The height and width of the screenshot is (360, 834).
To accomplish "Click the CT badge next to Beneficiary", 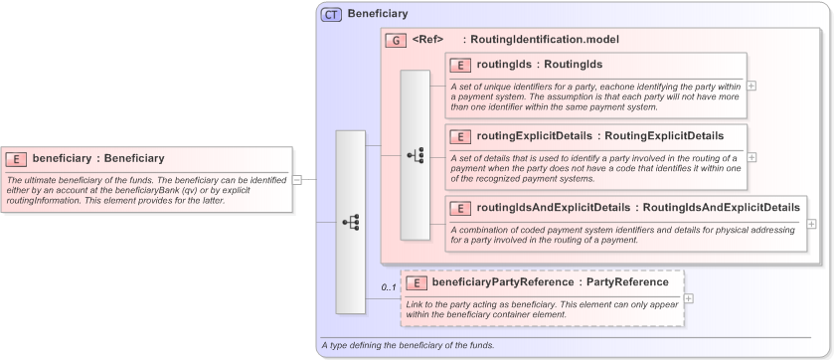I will [331, 14].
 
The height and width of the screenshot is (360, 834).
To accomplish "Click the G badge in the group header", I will [396, 40].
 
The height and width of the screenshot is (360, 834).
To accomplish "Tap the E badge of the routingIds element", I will [460, 65].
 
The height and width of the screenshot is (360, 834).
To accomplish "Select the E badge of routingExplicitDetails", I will [460, 135].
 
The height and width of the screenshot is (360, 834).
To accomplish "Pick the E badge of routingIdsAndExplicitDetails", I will [460, 208].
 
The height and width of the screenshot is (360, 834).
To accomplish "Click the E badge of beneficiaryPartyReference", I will [416, 282].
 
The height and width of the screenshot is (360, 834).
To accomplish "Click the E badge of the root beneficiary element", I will [16, 158].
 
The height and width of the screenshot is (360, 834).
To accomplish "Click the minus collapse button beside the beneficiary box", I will [296, 180].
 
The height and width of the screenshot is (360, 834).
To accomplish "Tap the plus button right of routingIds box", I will [751, 86].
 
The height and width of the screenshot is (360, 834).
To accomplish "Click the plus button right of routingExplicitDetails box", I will [751, 157].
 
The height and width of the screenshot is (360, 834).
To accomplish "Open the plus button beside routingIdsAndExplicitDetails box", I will [811, 223].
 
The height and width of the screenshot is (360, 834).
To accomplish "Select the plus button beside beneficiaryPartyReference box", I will [688, 298].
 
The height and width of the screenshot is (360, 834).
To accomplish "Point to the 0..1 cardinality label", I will [388, 288].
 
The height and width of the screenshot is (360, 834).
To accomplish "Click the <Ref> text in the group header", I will [427, 40].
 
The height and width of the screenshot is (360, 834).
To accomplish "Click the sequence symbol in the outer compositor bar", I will [350, 222].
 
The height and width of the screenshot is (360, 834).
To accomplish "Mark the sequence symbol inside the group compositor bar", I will [416, 155].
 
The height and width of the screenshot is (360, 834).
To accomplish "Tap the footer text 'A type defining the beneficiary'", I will [407, 345].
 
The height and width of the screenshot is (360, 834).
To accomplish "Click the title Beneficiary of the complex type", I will [377, 14].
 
